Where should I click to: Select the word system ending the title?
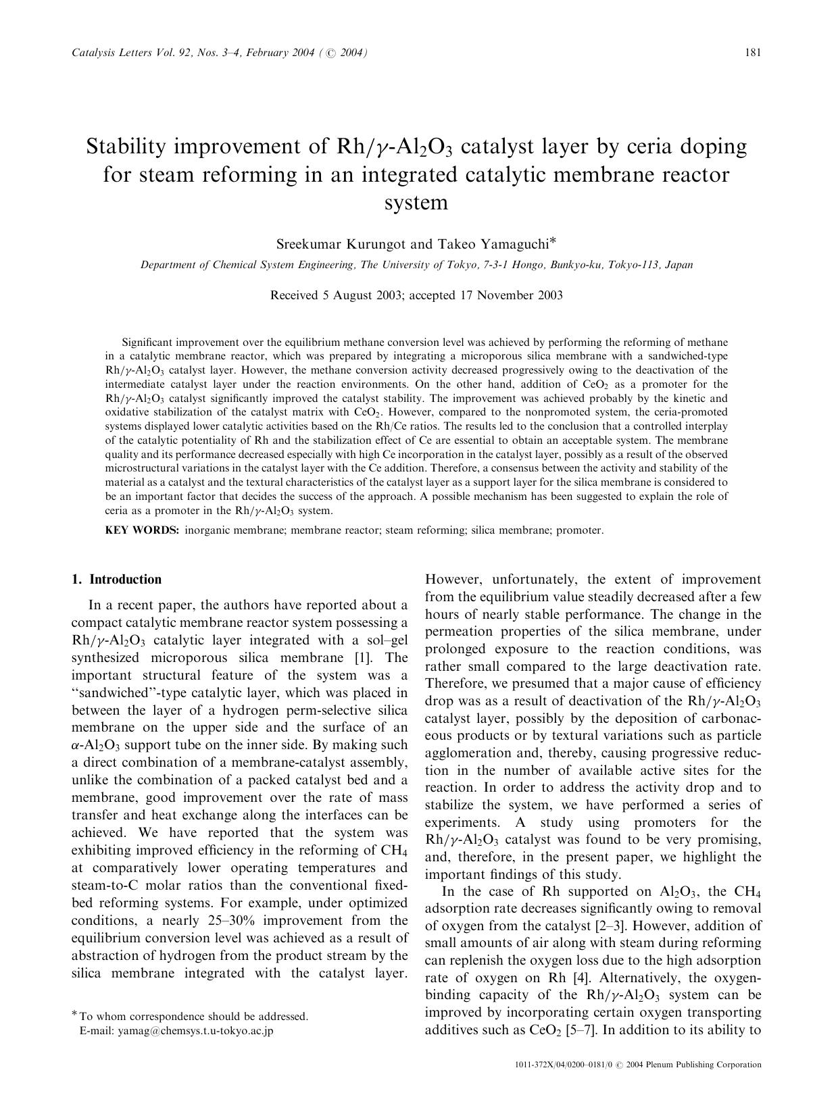point(416,202)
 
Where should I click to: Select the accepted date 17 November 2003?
point(510,295)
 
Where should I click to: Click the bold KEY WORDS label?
point(142,530)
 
